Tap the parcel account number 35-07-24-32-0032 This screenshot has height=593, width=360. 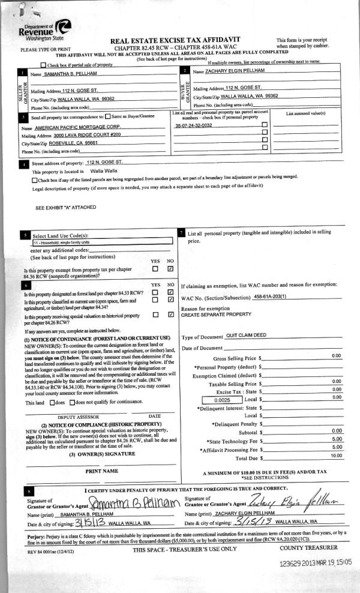(194, 126)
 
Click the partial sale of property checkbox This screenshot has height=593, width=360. (43, 64)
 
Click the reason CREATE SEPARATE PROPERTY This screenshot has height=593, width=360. (217, 314)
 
